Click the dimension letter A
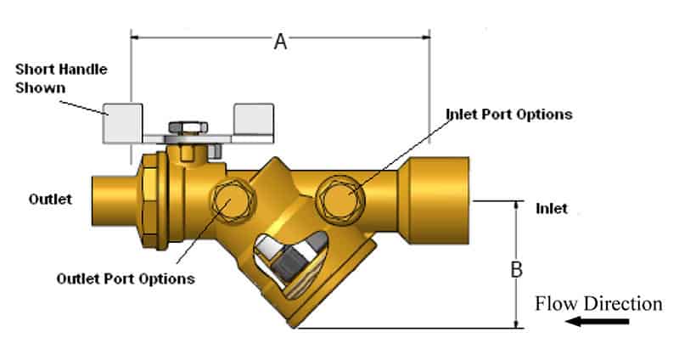(x=279, y=40)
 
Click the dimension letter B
(x=516, y=271)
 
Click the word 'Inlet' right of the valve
(x=552, y=208)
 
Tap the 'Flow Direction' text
(x=598, y=303)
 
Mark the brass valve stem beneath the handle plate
(x=180, y=154)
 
